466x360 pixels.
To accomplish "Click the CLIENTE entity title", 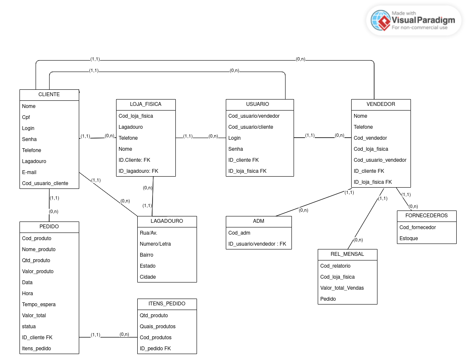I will coord(49,95).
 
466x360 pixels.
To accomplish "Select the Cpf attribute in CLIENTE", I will coord(26,117).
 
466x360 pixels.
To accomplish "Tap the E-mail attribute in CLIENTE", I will coord(29,172).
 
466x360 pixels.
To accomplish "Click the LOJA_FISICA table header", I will coord(146,104).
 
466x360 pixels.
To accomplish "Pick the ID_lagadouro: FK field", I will coord(138,171).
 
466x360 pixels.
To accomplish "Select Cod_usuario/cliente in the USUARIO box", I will coord(251,127).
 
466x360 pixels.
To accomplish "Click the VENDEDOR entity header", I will coord(381,104).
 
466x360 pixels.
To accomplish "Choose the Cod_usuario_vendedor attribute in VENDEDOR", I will coord(380,160).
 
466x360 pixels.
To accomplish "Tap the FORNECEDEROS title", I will coord(427,216).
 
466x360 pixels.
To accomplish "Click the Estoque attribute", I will coord(409,238).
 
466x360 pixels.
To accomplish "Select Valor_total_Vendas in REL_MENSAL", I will coord(342,288).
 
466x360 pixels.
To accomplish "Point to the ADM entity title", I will coord(258,221).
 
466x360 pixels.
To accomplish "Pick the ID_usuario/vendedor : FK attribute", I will coord(257,244).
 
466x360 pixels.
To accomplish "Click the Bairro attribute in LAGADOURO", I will coord(147,255).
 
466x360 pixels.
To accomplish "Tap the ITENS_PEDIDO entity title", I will coord(167,304).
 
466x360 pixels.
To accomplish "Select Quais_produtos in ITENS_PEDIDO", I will coord(158,327).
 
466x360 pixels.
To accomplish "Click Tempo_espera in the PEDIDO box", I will coord(39,305).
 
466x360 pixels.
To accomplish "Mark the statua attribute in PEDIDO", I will coord(29,327).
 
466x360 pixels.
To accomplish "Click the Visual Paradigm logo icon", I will coord(380,20).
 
